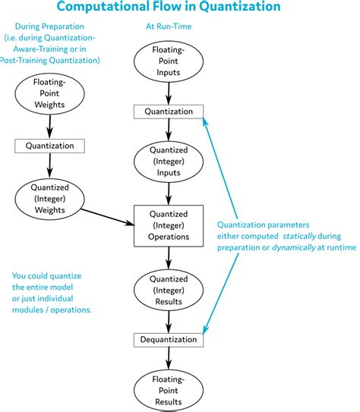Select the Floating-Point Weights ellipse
49,94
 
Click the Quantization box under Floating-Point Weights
49,144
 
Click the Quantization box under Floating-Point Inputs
169,112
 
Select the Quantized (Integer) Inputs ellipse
169,162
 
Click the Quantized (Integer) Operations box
169,225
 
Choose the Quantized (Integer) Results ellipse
169,290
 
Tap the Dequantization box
169,340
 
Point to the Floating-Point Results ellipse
169,388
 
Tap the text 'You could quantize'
46,275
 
